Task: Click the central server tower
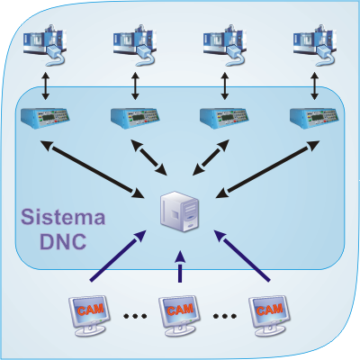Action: (179, 211)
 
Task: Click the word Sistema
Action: (63, 217)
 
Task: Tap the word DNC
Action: (63, 241)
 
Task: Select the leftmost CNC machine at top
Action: (45, 46)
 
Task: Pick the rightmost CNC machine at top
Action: (315, 46)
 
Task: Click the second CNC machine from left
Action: (135, 46)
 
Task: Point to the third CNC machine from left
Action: (225, 46)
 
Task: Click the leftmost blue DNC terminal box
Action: (45, 118)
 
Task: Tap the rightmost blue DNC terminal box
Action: (314, 118)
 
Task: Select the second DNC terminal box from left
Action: (135, 118)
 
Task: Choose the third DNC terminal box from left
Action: (224, 118)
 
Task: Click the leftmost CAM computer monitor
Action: (89, 316)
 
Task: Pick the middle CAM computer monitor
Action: (179, 316)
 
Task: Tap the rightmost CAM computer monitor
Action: (269, 316)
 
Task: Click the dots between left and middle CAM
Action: (135, 316)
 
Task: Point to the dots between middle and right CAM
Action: (225, 316)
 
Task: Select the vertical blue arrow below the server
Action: (180, 266)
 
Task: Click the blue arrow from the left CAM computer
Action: (118, 256)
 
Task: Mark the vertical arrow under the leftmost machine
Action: (45, 85)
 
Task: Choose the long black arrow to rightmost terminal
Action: (267, 169)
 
